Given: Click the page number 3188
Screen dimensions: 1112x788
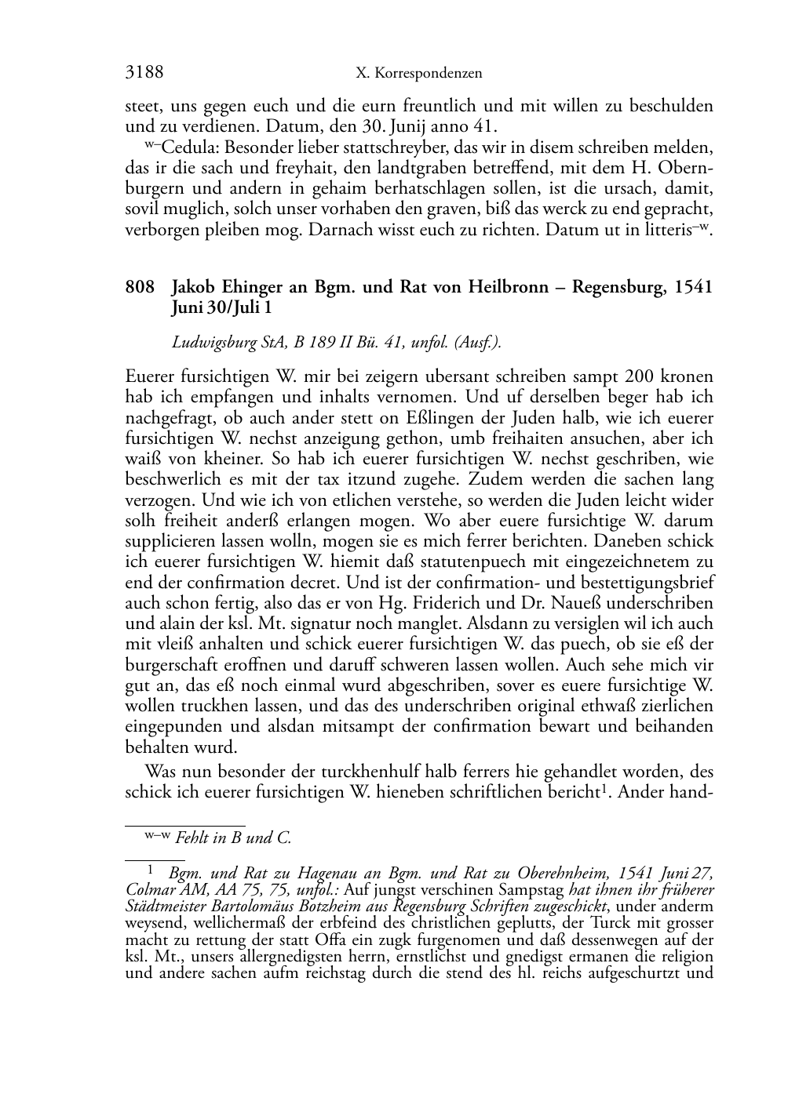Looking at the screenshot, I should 144,73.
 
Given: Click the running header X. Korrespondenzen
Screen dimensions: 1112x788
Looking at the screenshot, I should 418,74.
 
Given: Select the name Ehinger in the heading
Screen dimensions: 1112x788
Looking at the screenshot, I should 251,287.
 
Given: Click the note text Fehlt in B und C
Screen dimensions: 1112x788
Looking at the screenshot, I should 234,838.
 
